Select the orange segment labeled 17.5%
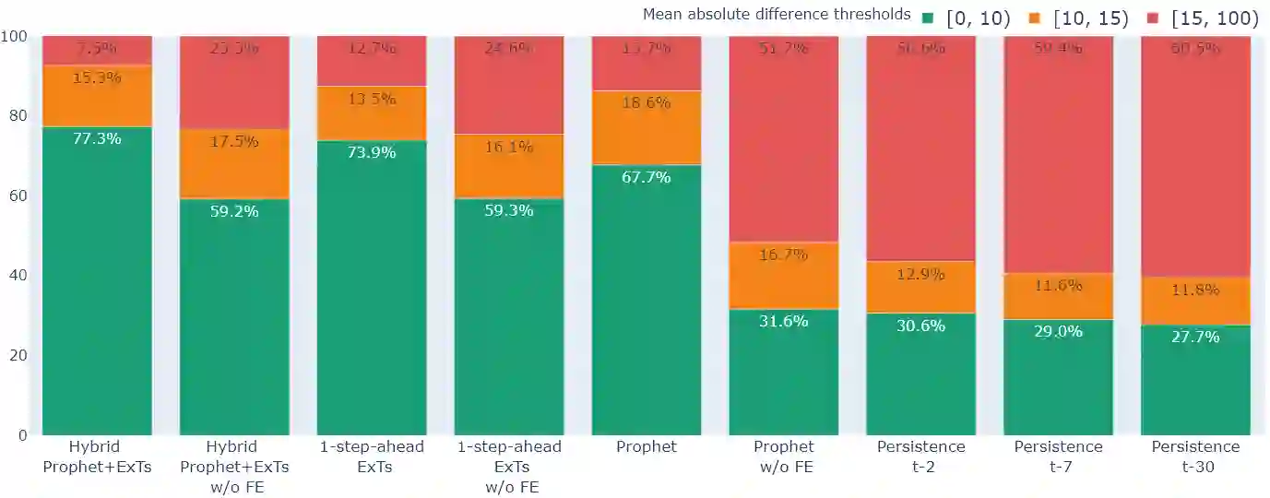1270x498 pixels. [234, 164]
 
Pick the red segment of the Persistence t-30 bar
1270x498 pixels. [1195, 157]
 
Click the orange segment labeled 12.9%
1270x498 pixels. [920, 287]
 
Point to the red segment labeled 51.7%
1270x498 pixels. [784, 139]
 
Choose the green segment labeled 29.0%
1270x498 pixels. [1058, 377]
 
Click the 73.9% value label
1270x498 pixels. [372, 152]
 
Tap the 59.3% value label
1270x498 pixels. [509, 210]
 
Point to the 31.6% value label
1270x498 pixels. [784, 321]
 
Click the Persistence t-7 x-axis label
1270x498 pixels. [1058, 456]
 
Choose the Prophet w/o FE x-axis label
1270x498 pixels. [784, 456]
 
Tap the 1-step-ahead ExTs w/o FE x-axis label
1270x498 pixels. [509, 467]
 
